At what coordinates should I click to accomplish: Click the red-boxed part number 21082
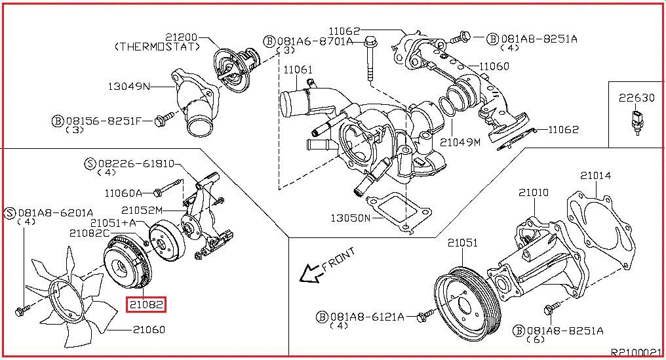146,305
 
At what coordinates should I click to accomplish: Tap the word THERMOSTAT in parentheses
157,47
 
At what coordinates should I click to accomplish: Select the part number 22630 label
637,98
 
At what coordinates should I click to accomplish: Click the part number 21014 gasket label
596,175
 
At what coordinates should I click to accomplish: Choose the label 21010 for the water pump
534,193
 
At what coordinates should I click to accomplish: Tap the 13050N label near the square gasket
351,218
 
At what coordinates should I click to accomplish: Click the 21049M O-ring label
460,142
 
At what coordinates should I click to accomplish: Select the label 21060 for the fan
149,329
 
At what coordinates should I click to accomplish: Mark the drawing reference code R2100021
636,352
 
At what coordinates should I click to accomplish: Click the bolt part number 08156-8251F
103,121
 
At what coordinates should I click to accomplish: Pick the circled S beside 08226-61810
90,164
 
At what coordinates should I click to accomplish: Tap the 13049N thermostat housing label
128,87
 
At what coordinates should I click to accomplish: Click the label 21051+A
113,223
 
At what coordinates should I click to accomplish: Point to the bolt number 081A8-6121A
367,317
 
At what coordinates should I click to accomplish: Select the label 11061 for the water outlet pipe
298,70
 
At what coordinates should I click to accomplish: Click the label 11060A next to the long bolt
123,193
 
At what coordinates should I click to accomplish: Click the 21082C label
90,233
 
